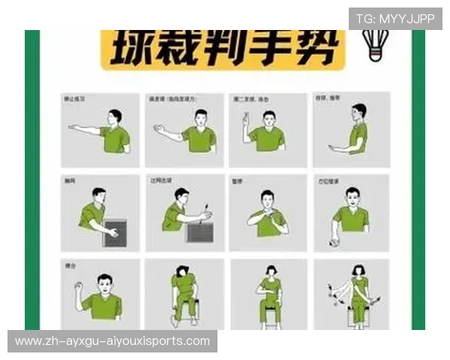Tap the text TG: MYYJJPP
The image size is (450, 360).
tap(395, 19)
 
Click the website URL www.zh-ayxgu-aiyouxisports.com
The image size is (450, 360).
tap(112, 341)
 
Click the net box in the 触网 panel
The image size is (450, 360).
tap(115, 233)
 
